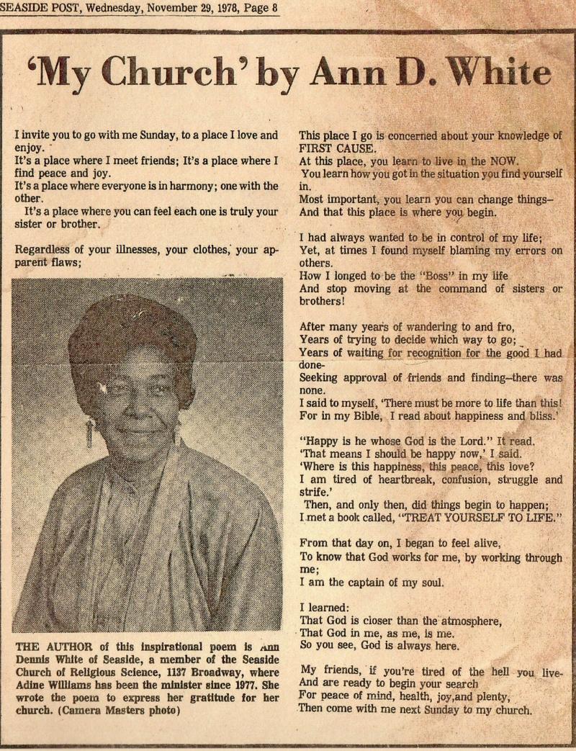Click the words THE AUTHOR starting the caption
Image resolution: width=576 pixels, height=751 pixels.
click(51, 646)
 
